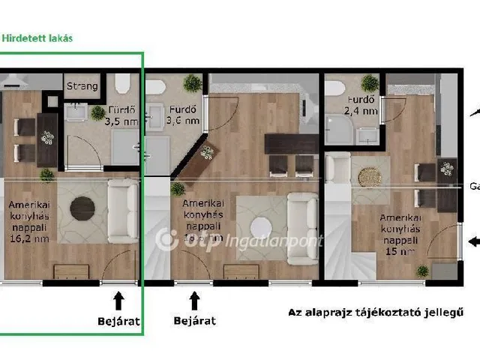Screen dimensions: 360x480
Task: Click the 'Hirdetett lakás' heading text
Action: pyautogui.click(x=37, y=38)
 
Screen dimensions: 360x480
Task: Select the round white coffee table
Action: pyautogui.click(x=262, y=226)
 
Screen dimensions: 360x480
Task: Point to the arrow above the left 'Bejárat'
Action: pyautogui.click(x=117, y=301)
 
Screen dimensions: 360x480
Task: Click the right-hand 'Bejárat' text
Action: pyautogui.click(x=194, y=320)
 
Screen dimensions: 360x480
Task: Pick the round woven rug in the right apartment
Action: pyautogui.click(x=369, y=176)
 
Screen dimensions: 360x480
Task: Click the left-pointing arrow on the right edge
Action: pyautogui.click(x=473, y=241)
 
